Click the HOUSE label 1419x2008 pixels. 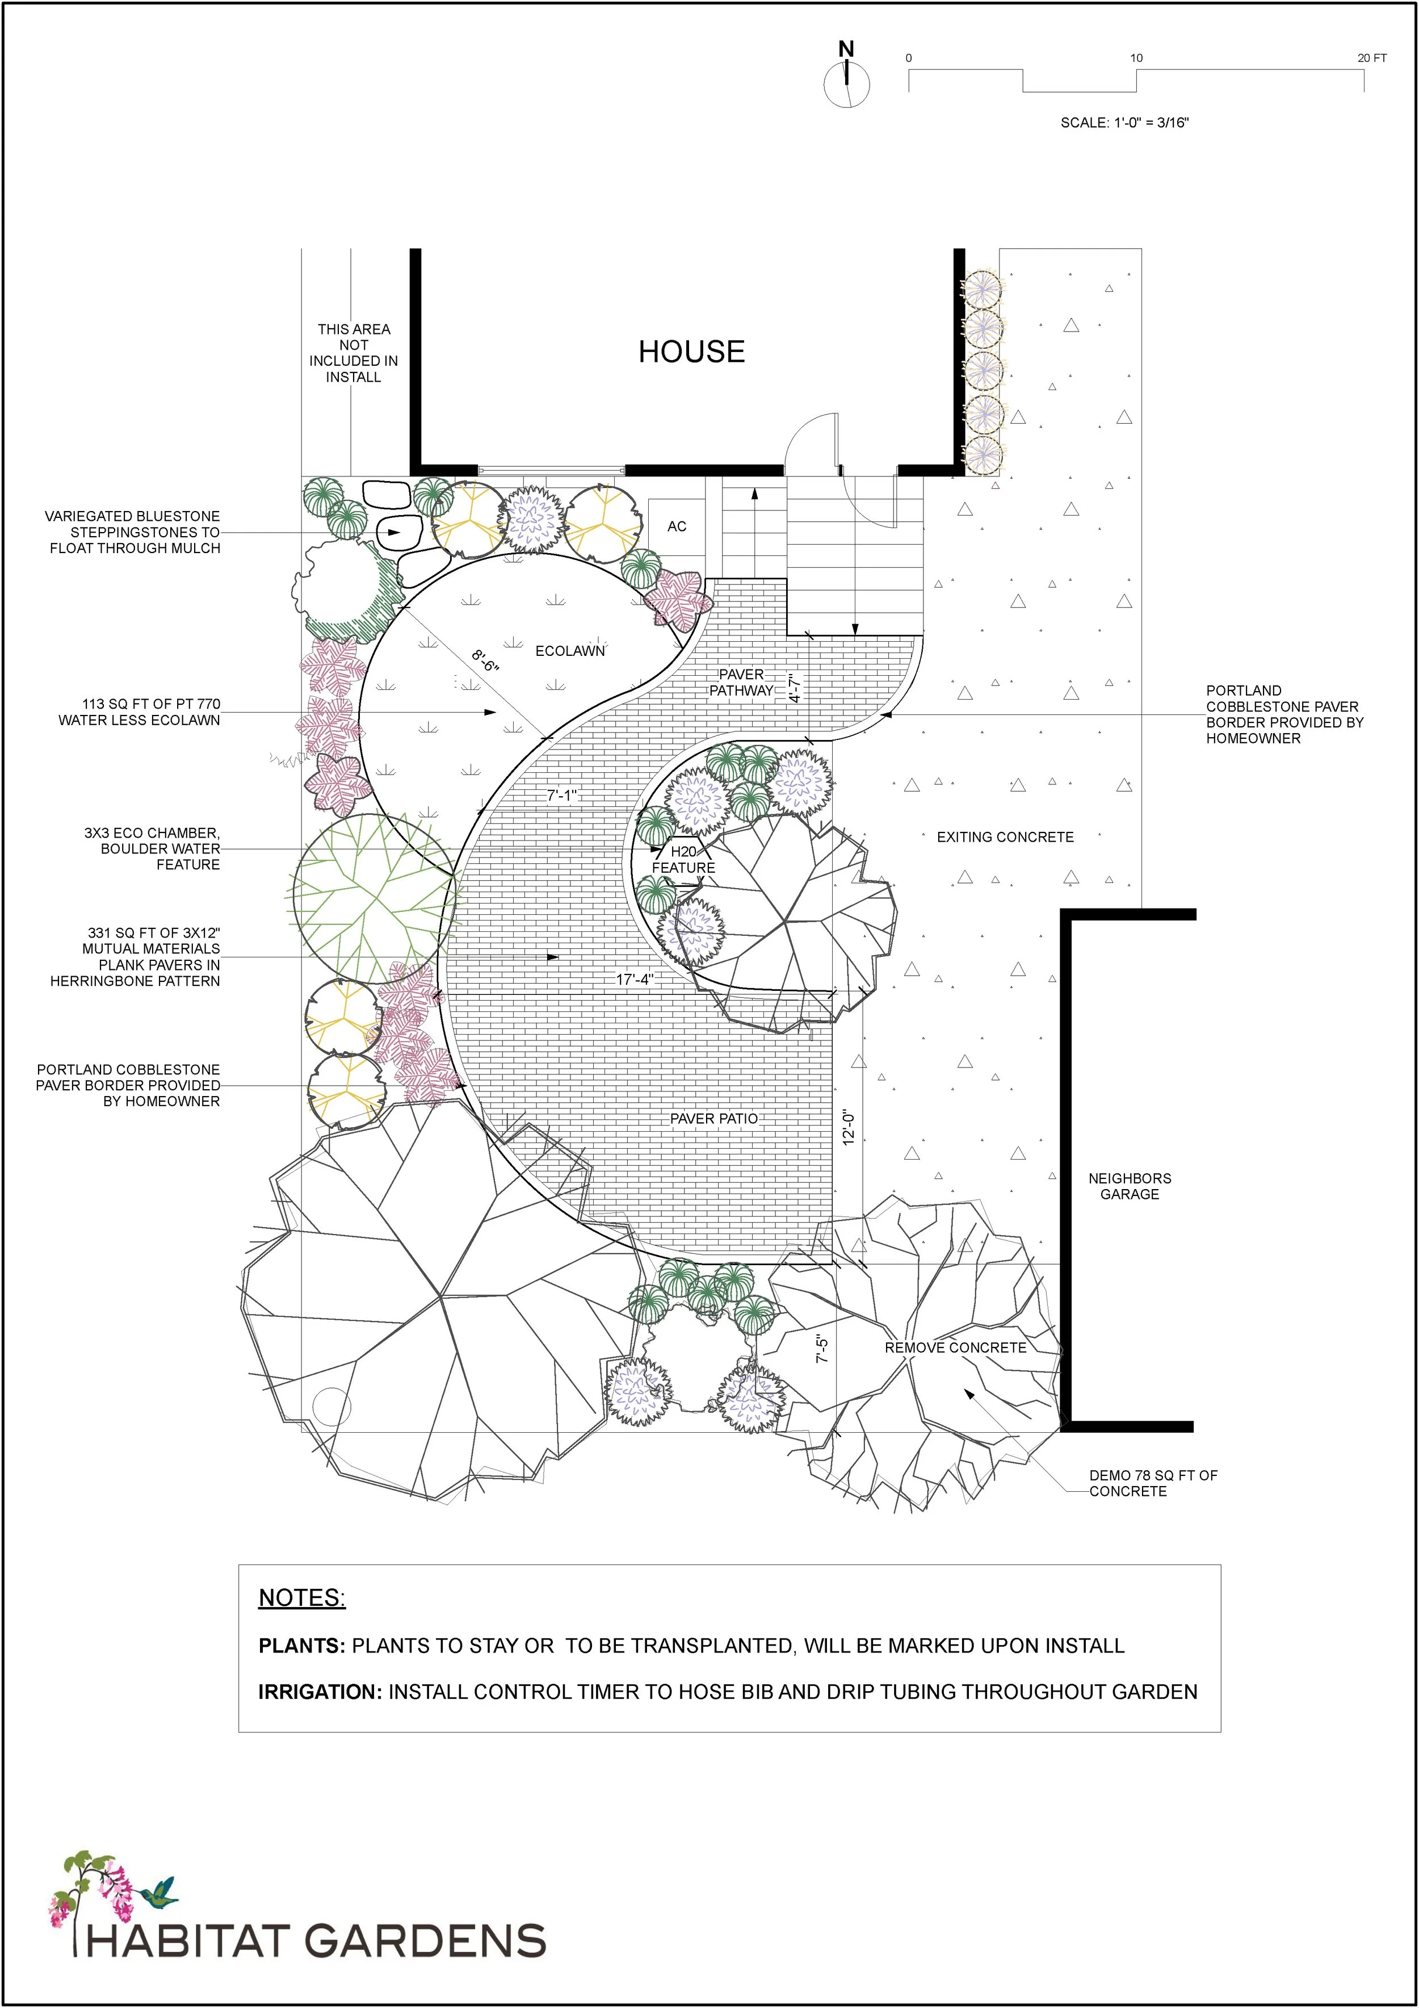[x=691, y=352]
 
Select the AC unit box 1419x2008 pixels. [x=676, y=526]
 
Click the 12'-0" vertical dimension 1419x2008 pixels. [x=847, y=1127]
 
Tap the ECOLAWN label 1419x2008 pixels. [x=570, y=651]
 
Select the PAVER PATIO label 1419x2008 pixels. [x=713, y=1119]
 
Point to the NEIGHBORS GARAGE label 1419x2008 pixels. [x=1129, y=1186]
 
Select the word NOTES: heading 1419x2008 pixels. [x=301, y=1598]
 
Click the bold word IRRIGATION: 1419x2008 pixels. [x=320, y=1692]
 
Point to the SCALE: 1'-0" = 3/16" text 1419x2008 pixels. [x=1124, y=123]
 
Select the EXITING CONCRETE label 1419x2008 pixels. [x=1005, y=837]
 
